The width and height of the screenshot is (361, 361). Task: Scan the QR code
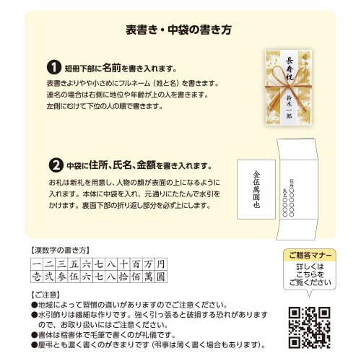[309, 326]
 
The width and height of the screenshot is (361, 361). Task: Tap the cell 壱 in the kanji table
[37, 276]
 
